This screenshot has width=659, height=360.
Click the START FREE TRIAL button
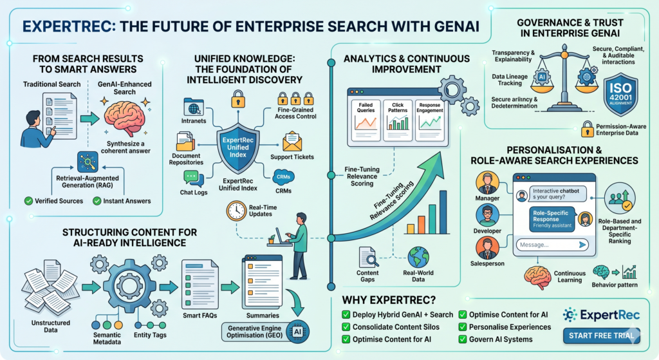(x=602, y=336)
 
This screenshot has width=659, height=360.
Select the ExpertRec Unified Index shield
(x=238, y=147)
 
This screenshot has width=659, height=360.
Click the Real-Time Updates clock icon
(x=236, y=211)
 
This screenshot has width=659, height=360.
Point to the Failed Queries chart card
(x=366, y=120)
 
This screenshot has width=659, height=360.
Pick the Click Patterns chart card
(x=398, y=120)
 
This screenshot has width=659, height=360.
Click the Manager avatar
(x=487, y=183)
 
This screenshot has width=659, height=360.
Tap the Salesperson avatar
(x=487, y=248)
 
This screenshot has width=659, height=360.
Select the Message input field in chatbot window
(x=552, y=245)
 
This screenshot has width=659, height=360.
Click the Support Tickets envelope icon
(x=292, y=142)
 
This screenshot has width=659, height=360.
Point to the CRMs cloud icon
(x=284, y=177)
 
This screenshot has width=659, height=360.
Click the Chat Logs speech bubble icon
(x=194, y=179)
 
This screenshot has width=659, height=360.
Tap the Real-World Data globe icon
(x=418, y=257)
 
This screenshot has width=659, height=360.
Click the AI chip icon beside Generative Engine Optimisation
(x=297, y=332)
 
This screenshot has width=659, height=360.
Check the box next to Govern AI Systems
(x=462, y=339)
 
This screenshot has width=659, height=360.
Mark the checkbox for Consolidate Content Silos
(x=346, y=327)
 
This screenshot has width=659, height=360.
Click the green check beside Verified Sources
(x=28, y=201)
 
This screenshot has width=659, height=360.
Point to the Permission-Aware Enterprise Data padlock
(x=587, y=129)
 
